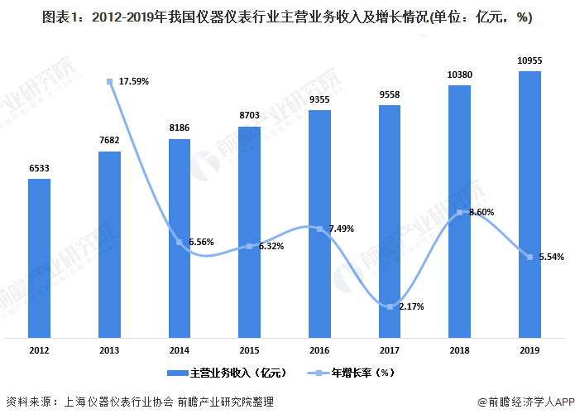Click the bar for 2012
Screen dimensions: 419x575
pos(39,258)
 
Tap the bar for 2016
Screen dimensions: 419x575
pos(319,224)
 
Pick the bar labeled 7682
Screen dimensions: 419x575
pos(109,244)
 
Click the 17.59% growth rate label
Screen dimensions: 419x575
pos(134,81)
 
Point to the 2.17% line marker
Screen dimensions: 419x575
pos(390,306)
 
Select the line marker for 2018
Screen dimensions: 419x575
pos(460,213)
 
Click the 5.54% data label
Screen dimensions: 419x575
pos(551,257)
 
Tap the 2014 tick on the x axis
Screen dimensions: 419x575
pos(180,351)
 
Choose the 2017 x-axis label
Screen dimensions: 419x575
pos(390,351)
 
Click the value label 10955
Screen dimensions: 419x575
pos(529,60)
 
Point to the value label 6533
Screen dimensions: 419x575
pos(39,168)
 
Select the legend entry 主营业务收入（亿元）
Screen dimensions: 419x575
pos(228,373)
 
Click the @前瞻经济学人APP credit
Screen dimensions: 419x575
pos(525,402)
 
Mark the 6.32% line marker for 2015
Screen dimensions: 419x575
pos(249,247)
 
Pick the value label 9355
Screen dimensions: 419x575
pos(319,99)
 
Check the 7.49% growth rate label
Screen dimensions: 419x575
pos(341,229)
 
